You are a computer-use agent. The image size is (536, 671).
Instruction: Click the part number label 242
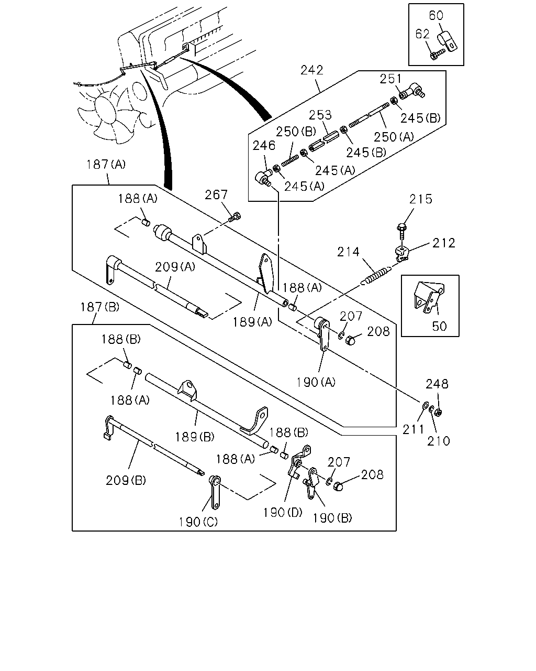coord(312,70)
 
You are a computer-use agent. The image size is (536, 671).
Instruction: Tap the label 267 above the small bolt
coord(216,195)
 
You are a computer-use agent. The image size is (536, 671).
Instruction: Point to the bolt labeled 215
coord(402,231)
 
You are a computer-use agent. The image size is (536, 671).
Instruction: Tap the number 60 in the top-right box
coord(436,15)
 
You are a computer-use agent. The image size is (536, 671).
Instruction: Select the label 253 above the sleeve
coord(320,115)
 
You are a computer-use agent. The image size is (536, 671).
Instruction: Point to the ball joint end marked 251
coord(412,90)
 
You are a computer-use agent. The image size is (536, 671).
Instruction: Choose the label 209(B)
coord(126,481)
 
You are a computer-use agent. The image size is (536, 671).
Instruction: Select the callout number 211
coord(414,430)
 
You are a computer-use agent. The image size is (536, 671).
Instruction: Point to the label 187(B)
coord(100,307)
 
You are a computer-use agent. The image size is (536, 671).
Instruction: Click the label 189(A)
coord(253,322)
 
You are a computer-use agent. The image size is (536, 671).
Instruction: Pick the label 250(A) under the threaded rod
coord(394,137)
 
